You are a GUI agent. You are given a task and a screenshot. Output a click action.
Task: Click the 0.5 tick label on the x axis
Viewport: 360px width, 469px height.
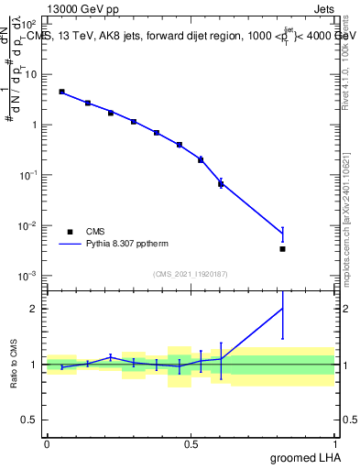pyautogui.click(x=191, y=444)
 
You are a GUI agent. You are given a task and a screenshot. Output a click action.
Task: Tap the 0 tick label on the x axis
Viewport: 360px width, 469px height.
pyautogui.click(x=47, y=444)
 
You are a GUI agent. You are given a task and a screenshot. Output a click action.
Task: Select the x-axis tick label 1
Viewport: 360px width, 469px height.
pyautogui.click(x=334, y=444)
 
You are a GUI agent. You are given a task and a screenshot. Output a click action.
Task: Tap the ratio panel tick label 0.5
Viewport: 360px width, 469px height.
pyautogui.click(x=30, y=420)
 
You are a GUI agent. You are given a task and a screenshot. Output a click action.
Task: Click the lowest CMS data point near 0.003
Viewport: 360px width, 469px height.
pyautogui.click(x=282, y=248)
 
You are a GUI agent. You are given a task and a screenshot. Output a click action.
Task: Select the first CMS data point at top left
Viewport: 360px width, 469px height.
pyautogui.click(x=61, y=92)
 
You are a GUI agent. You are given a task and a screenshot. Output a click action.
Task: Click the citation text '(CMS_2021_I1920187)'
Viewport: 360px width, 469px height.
pyautogui.click(x=190, y=273)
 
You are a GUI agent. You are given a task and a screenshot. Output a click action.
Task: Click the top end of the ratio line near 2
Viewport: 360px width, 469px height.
pyautogui.click(x=282, y=308)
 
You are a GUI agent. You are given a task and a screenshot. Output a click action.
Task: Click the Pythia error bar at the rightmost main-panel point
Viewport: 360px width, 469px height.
pyautogui.click(x=282, y=234)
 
